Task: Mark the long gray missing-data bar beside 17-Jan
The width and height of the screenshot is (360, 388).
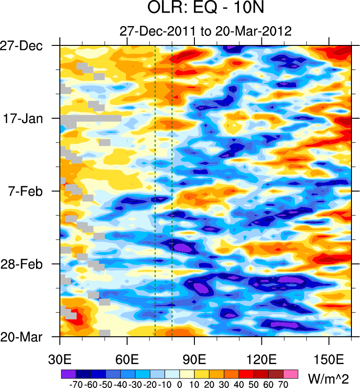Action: tap(90, 119)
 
